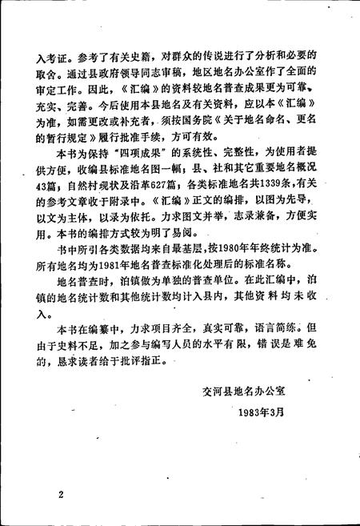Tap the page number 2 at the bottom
[60, 495]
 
